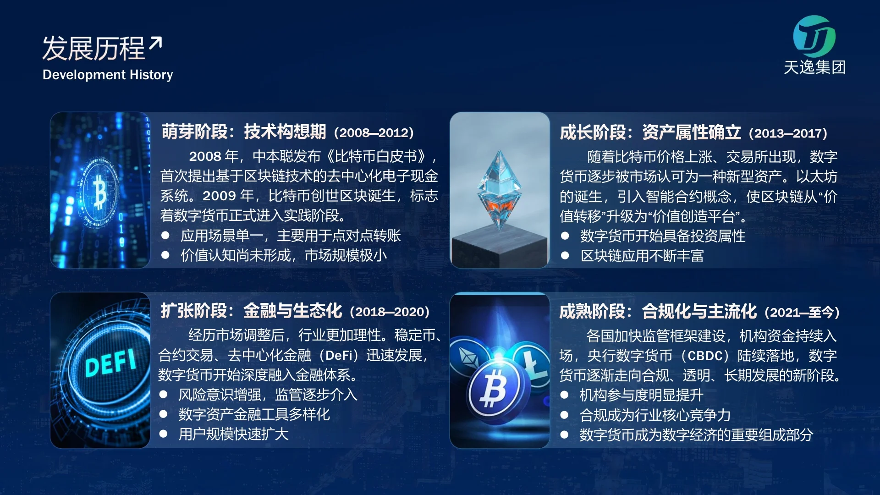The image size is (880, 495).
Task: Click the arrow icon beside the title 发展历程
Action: pyautogui.click(x=155, y=44)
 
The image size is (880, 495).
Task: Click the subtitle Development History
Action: pyautogui.click(x=108, y=75)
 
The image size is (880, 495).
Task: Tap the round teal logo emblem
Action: pyautogui.click(x=814, y=36)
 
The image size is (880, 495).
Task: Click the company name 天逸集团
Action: pyautogui.click(x=814, y=67)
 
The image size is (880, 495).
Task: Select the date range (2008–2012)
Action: pyautogui.click(x=374, y=132)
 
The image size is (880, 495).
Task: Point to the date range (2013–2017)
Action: pyautogui.click(x=788, y=133)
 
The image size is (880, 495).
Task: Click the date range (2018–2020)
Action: pyautogui.click(x=390, y=312)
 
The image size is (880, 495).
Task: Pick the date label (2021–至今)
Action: pyautogui.click(x=802, y=312)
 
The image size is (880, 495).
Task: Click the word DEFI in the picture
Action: pyautogui.click(x=111, y=362)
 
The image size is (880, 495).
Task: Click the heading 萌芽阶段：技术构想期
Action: pyautogui.click(x=244, y=132)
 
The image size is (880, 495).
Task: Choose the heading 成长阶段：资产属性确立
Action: pyautogui.click(x=650, y=132)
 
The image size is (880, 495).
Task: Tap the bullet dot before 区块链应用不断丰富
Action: pyautogui.click(x=565, y=255)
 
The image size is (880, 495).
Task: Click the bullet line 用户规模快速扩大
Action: pyautogui.click(x=234, y=434)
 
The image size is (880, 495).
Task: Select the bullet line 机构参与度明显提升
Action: pyautogui.click(x=642, y=395)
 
